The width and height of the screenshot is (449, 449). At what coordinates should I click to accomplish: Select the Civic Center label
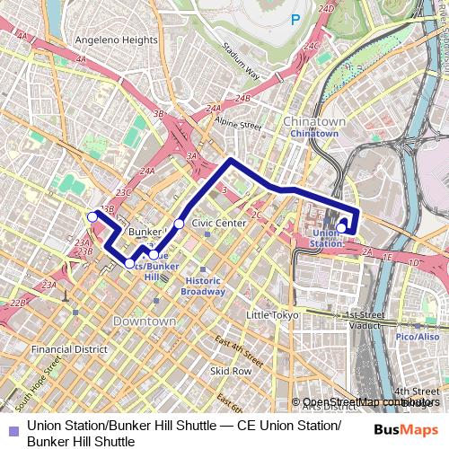(219, 223)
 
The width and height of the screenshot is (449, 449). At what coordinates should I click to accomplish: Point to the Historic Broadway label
(203, 286)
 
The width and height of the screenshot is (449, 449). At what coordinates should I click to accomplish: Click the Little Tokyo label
(272, 315)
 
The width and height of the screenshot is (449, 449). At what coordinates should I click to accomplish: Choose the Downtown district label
(145, 321)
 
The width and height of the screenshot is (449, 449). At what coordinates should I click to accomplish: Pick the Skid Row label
(231, 370)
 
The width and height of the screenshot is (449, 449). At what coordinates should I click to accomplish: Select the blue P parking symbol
(295, 20)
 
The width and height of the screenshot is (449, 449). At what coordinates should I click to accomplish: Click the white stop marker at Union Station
(341, 228)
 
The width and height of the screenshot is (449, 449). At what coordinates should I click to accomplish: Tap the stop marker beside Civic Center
(179, 224)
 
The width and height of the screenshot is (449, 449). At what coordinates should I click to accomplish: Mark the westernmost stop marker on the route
(92, 216)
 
